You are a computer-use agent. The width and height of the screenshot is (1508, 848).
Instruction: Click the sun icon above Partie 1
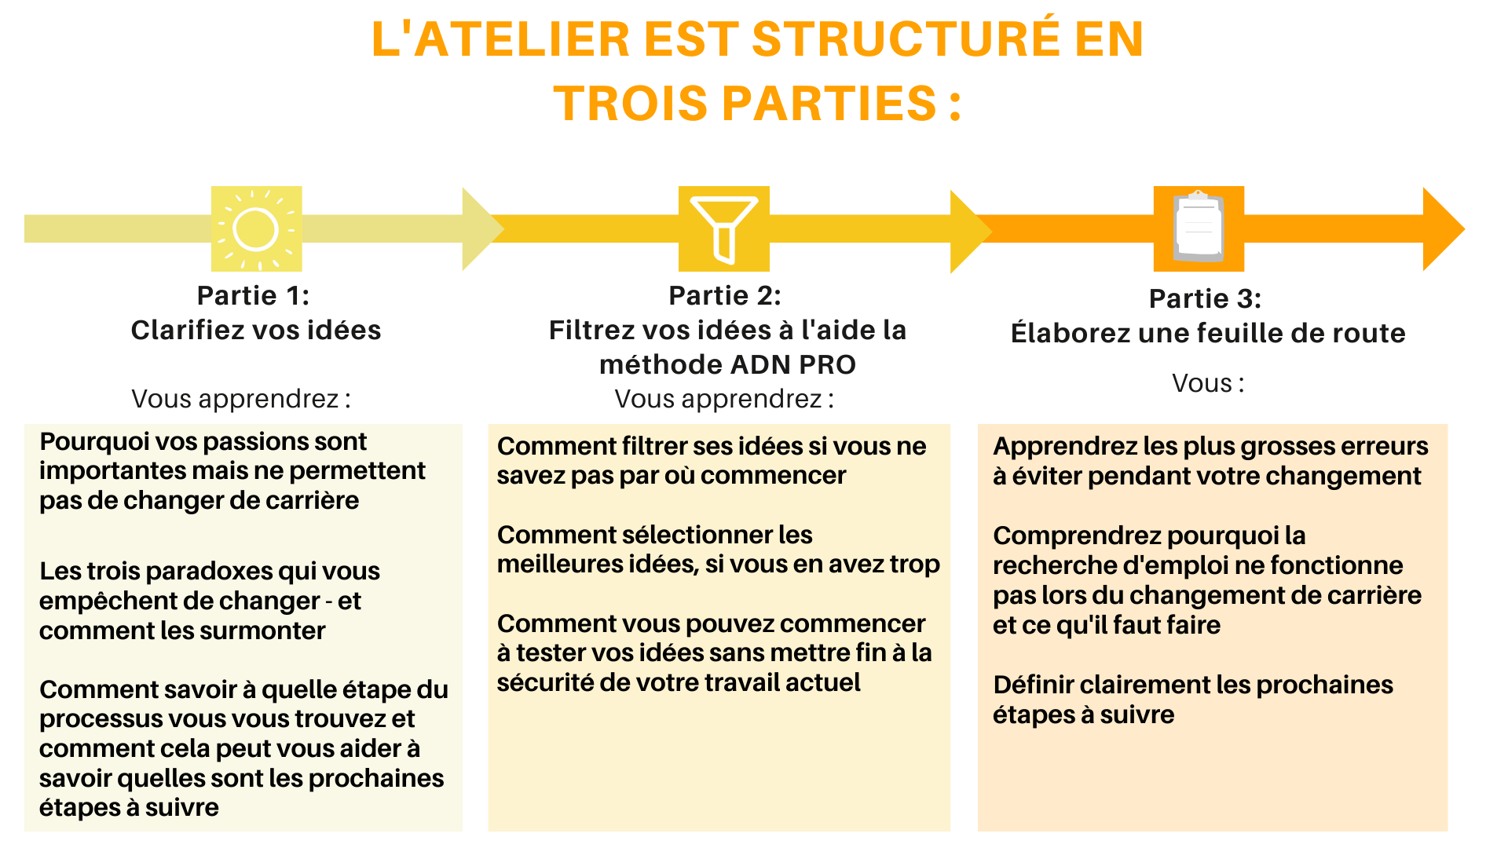tap(256, 228)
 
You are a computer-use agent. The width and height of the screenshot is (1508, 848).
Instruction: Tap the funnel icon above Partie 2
tap(723, 228)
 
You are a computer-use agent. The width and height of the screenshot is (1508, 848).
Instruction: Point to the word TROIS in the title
tap(630, 103)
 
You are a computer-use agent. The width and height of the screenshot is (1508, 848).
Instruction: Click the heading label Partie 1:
tap(253, 295)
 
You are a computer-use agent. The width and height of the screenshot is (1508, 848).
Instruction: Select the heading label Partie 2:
tap(725, 295)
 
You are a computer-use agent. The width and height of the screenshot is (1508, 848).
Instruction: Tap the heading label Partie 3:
tap(1205, 298)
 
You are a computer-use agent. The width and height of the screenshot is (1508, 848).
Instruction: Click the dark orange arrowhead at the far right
tap(1444, 229)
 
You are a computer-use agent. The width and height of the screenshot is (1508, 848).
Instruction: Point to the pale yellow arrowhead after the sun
tap(482, 229)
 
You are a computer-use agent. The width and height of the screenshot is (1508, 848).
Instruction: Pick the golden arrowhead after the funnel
tap(971, 231)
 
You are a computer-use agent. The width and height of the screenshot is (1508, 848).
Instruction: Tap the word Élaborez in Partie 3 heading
tap(1071, 333)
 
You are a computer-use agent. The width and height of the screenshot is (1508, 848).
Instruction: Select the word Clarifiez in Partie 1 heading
tap(185, 330)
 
